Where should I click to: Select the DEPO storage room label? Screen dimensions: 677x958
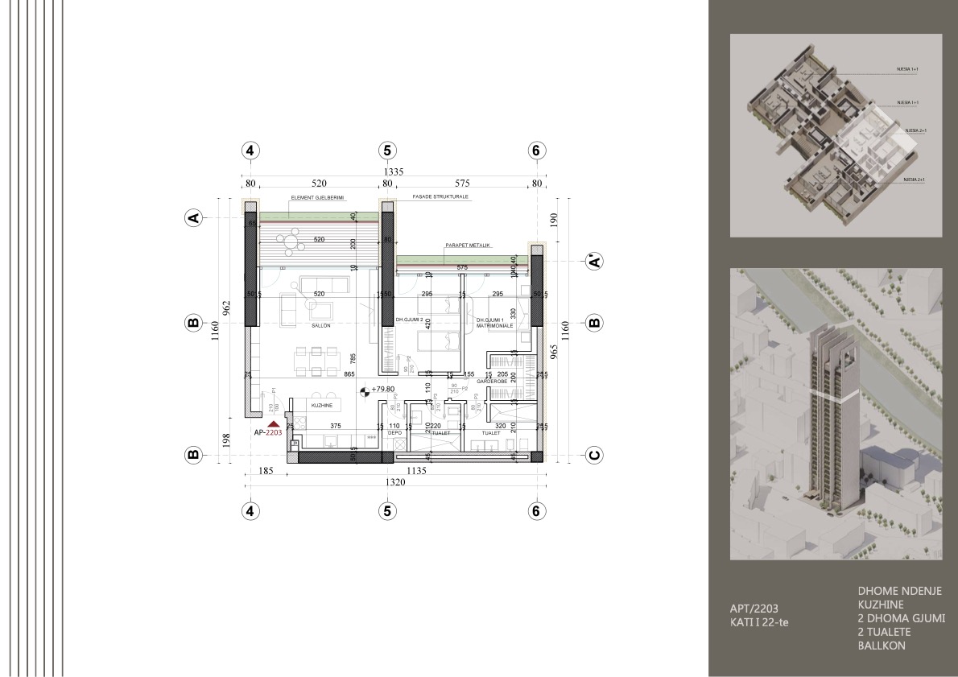pos(394,432)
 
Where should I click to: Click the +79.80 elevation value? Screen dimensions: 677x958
pos(383,389)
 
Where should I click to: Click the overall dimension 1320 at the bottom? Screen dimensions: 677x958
pos(392,483)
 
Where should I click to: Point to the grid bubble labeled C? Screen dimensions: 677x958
pos(594,456)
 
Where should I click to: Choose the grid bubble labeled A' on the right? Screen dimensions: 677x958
pos(594,261)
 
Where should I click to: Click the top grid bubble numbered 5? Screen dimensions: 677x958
pos(387,151)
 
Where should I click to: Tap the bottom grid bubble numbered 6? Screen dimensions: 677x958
pos(536,510)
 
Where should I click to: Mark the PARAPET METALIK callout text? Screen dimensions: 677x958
pos(468,245)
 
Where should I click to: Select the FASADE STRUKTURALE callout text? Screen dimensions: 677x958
pos(440,196)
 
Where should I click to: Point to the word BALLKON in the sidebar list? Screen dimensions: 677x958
pos(882,646)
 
